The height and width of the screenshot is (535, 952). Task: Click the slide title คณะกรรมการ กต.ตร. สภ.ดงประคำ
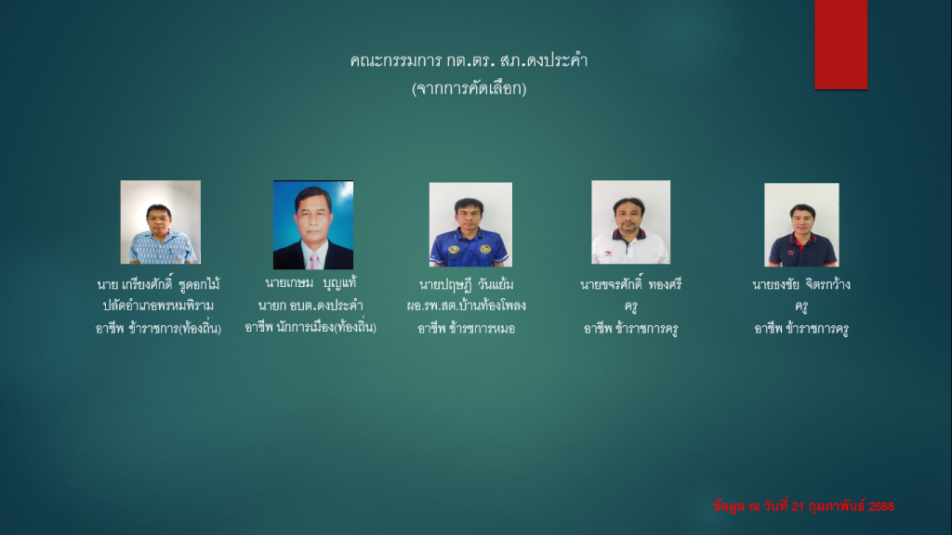[469, 60]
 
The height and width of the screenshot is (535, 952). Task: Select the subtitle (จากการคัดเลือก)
[469, 88]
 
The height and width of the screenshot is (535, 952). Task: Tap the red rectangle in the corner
[840, 45]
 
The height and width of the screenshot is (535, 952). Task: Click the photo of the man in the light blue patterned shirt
[160, 222]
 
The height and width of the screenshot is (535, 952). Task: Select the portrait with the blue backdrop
[313, 225]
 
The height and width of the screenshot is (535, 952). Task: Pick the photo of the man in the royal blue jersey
[470, 225]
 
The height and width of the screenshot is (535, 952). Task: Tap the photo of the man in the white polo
[631, 222]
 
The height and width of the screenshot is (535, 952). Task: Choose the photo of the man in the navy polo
[801, 225]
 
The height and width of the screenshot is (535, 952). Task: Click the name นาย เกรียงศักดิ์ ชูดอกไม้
[158, 284]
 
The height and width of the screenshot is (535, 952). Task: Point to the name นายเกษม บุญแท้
[311, 282]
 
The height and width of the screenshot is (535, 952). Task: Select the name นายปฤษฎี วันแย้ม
[467, 284]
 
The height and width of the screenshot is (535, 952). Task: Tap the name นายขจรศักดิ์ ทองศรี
[631, 284]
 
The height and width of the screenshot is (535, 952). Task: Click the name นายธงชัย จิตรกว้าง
[801, 284]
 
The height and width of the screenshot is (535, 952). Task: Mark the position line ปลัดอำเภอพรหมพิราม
[158, 306]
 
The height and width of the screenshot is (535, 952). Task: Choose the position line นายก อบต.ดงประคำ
[311, 305]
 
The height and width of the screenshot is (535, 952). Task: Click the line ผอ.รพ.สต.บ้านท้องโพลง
[467, 306]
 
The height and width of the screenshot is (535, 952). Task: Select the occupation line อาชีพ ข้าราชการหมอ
[467, 328]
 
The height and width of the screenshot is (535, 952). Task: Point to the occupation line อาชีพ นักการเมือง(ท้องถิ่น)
[311, 328]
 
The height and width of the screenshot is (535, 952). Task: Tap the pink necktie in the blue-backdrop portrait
[314, 261]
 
